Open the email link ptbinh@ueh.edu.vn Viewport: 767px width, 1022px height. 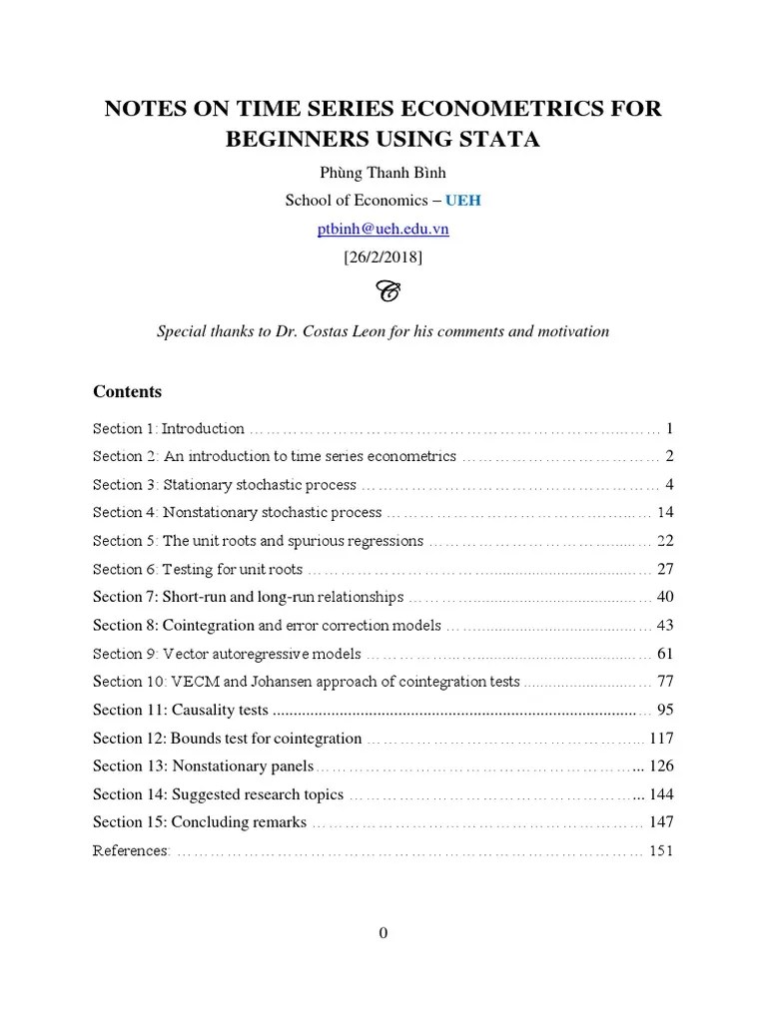click(x=383, y=229)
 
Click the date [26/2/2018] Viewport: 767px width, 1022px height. click(x=383, y=256)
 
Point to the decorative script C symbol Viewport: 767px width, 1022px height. click(x=384, y=291)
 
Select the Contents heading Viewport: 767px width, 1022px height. click(x=127, y=391)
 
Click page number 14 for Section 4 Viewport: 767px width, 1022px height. click(x=665, y=512)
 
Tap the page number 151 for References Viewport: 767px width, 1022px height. click(x=661, y=850)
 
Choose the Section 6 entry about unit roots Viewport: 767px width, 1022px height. click(x=198, y=569)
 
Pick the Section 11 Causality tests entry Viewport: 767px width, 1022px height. click(x=181, y=710)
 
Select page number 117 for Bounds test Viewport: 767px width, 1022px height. click(x=661, y=739)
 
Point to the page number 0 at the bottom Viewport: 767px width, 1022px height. click(x=383, y=933)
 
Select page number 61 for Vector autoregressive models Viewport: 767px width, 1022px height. click(x=665, y=654)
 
